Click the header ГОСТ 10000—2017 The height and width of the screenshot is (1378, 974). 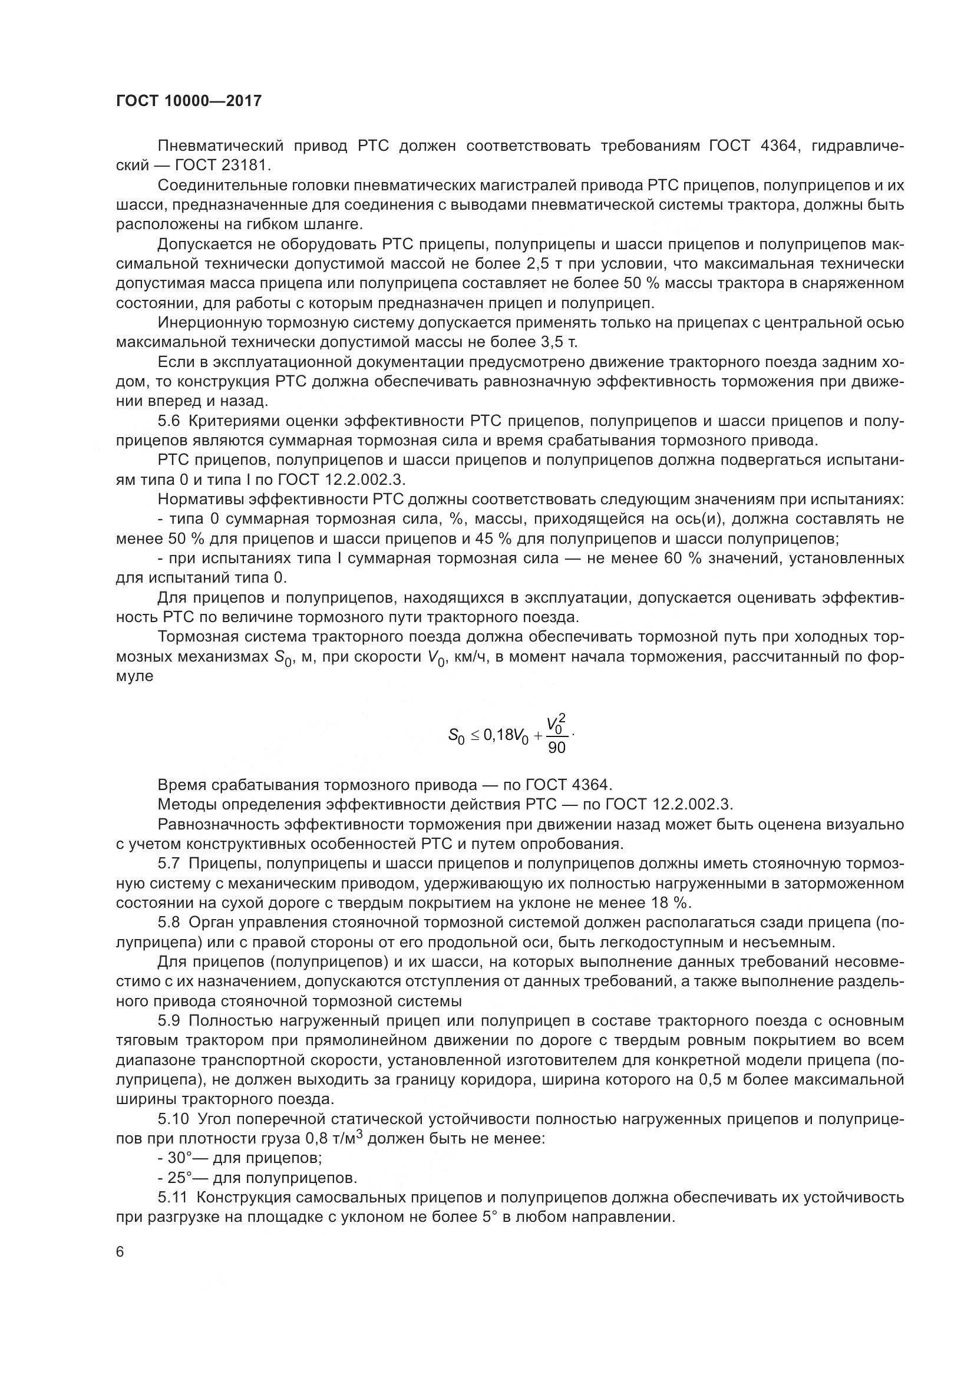click(189, 101)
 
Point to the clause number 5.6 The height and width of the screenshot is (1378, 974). click(171, 421)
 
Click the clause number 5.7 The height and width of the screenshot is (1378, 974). click(171, 864)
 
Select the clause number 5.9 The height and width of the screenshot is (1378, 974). click(171, 1021)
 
